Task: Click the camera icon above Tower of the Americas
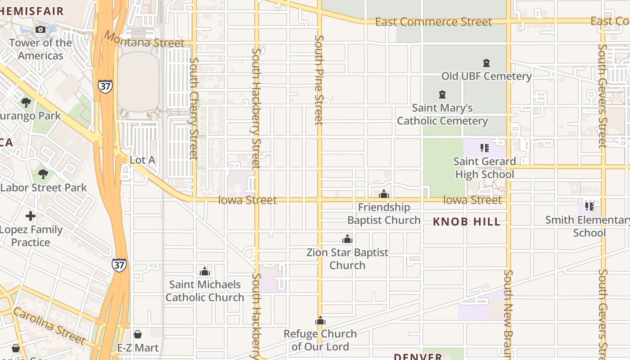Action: pyautogui.click(x=40, y=30)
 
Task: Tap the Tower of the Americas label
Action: pyautogui.click(x=40, y=49)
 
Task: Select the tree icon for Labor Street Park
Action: pyautogui.click(x=43, y=174)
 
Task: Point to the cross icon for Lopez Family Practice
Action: pyautogui.click(x=31, y=216)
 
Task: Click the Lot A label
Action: pyautogui.click(x=142, y=160)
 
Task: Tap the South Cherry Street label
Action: pyautogui.click(x=194, y=108)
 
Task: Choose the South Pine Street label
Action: pyautogui.click(x=319, y=80)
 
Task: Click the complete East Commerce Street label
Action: pyautogui.click(x=433, y=22)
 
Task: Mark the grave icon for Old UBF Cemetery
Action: pyautogui.click(x=486, y=63)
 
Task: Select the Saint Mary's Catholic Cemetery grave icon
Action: pyautogui.click(x=442, y=95)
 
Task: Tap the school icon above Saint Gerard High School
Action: pyautogui.click(x=484, y=148)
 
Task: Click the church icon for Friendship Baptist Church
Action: pyautogui.click(x=384, y=194)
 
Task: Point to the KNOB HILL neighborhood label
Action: pyautogui.click(x=466, y=221)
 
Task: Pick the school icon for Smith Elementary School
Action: pyautogui.click(x=589, y=207)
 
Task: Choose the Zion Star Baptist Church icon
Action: pyautogui.click(x=347, y=239)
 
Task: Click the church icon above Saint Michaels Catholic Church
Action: pyautogui.click(x=205, y=271)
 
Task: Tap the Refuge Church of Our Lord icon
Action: pyautogui.click(x=320, y=321)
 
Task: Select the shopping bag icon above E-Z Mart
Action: pyautogui.click(x=138, y=334)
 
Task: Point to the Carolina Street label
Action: pyautogui.click(x=49, y=325)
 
